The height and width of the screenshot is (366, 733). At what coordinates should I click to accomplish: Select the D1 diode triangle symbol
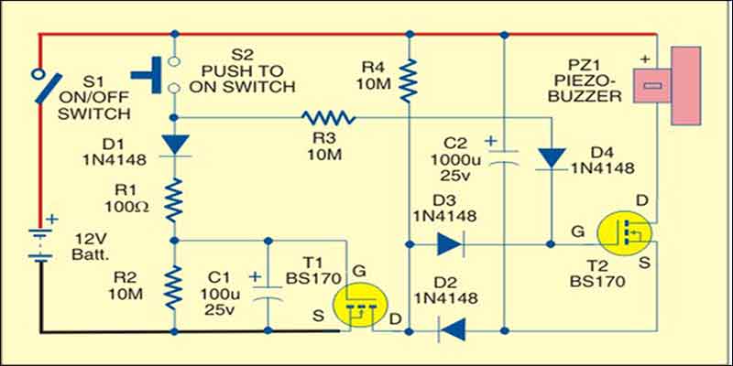173,145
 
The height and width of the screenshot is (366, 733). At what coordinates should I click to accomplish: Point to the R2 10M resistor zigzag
173,285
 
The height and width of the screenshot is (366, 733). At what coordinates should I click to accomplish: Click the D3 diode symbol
448,243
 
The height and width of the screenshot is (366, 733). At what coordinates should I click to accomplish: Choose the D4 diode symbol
550,157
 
